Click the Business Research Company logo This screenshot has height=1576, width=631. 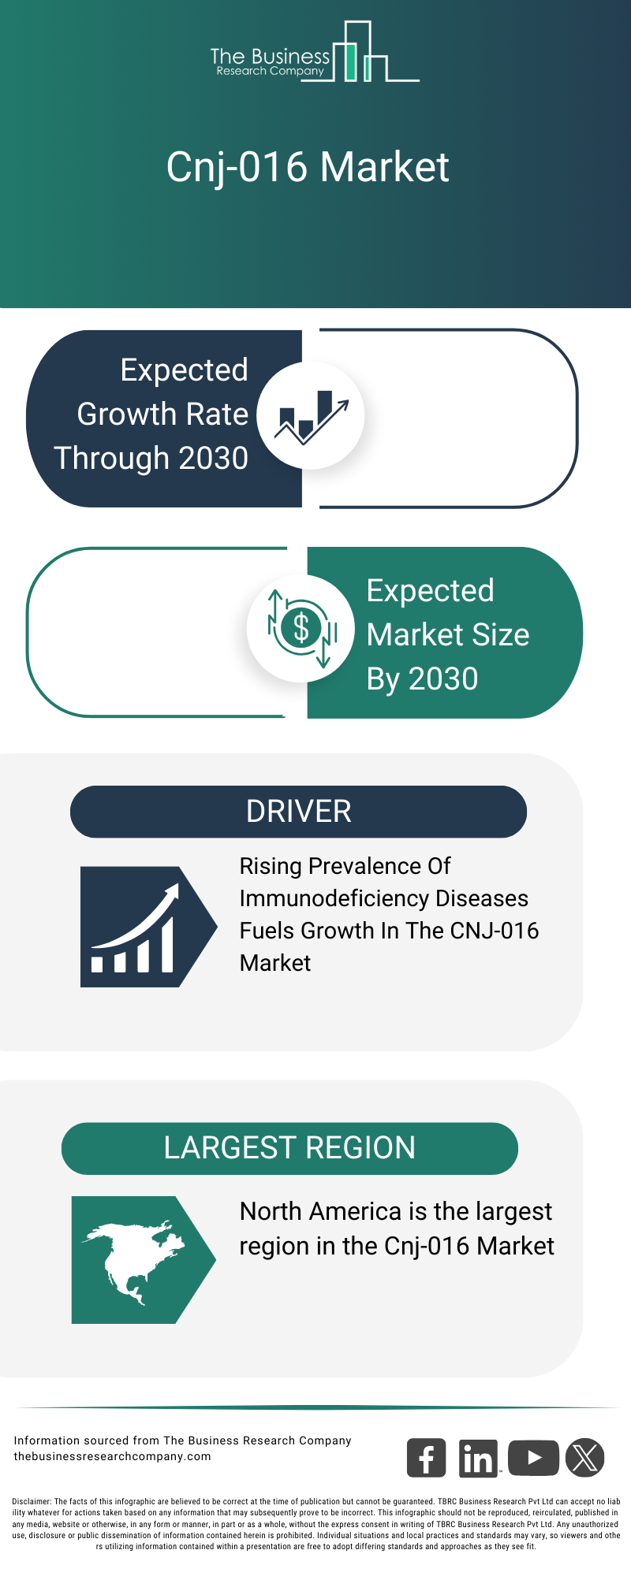(314, 54)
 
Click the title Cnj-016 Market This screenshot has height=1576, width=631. (308, 167)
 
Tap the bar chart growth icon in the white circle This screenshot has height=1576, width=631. (311, 415)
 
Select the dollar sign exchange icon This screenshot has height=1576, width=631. (301, 629)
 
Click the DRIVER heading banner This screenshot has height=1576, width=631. (298, 812)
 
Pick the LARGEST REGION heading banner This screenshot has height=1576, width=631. (289, 1148)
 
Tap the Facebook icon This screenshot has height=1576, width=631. (426, 1458)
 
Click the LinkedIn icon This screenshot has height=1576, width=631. (478, 1459)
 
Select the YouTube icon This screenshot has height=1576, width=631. (533, 1458)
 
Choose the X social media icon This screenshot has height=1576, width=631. (584, 1458)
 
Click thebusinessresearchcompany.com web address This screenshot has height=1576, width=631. (112, 1456)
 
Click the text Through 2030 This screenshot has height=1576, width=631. (151, 458)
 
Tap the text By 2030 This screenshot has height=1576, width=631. (422, 678)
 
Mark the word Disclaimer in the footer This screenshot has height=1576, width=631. (32, 1501)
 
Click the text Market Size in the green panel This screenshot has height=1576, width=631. (447, 634)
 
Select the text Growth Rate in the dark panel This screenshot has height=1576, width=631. (162, 414)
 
